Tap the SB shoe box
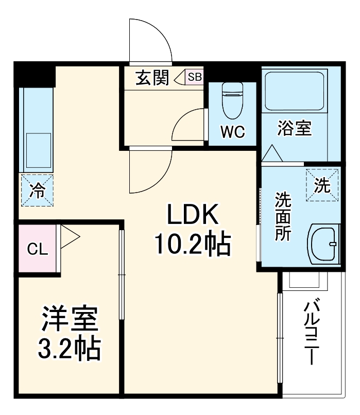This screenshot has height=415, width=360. click(x=195, y=77)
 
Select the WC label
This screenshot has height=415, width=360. click(x=232, y=131)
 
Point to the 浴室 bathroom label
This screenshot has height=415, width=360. click(x=295, y=128)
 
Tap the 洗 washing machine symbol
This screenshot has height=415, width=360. click(x=322, y=185)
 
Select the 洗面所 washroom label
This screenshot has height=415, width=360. click(x=283, y=216)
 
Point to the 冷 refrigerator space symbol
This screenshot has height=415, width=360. click(x=37, y=190)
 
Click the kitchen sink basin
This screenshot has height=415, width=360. click(x=38, y=151)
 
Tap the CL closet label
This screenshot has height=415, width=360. click(x=37, y=250)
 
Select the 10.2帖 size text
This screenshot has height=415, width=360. click(x=192, y=246)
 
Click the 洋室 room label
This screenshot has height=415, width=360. click(x=69, y=319)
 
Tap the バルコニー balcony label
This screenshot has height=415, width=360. click(x=311, y=332)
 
